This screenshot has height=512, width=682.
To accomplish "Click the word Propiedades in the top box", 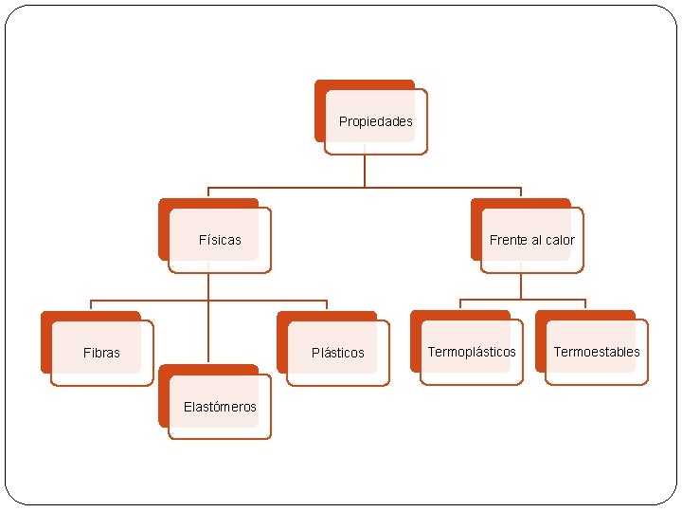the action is click(x=376, y=121).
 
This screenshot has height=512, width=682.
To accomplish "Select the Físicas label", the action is click(x=220, y=240).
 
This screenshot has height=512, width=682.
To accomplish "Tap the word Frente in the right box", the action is click(x=510, y=240).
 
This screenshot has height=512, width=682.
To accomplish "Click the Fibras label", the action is click(x=101, y=353).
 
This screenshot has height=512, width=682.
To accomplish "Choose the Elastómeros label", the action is click(x=220, y=407).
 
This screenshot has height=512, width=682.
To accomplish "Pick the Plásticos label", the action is click(x=338, y=353).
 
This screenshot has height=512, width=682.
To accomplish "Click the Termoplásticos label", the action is click(x=472, y=352).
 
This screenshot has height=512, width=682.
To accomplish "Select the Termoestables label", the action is click(x=597, y=352).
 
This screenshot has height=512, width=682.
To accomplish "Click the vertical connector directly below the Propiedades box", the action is click(x=365, y=171).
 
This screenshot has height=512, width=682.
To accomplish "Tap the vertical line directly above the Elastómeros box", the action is click(x=208, y=337).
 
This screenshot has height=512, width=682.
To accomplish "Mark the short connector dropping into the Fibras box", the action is click(x=91, y=305).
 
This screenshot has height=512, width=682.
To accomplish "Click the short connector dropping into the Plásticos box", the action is click(x=327, y=305).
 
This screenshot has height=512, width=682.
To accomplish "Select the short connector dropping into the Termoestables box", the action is click(x=585, y=304).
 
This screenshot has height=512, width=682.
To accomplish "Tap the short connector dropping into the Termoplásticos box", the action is click(x=460, y=304).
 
